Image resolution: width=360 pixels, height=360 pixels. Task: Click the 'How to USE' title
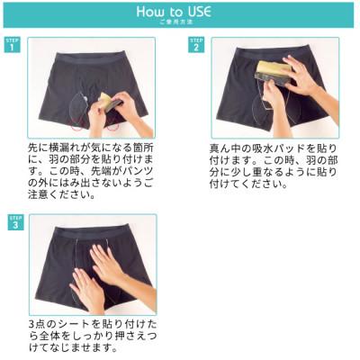pyautogui.click(x=179, y=12)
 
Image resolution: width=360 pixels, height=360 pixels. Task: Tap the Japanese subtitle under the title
pyautogui.click(x=179, y=24)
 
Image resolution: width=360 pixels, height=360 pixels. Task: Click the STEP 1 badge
pyautogui.click(x=12, y=45)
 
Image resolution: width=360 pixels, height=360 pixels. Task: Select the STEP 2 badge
pyautogui.click(x=196, y=45)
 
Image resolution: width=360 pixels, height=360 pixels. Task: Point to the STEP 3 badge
pyautogui.click(x=15, y=222)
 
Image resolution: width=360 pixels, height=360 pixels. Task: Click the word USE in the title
pyautogui.click(x=207, y=12)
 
